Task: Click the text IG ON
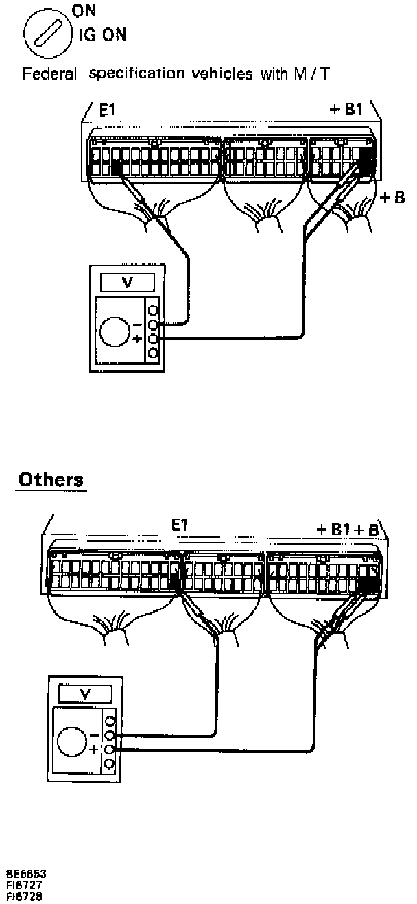point(106,35)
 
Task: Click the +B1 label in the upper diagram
point(345,110)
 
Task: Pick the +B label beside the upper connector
point(393,198)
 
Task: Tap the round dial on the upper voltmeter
point(114,331)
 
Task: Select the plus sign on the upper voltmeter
point(137,339)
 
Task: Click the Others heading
point(51,479)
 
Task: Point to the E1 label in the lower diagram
point(179,526)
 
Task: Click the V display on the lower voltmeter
point(85,693)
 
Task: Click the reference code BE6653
point(26,873)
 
